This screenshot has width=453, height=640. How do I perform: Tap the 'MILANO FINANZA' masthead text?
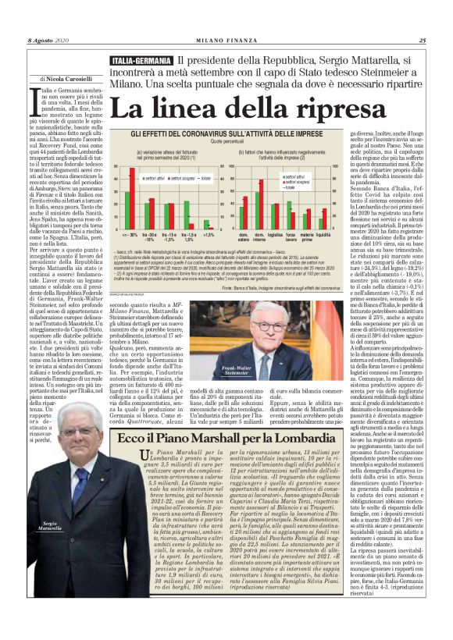point(227,41)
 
